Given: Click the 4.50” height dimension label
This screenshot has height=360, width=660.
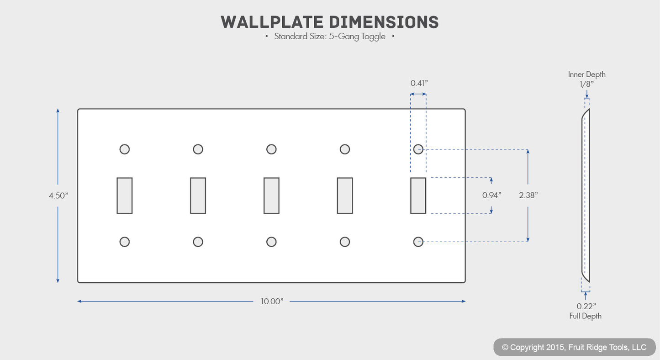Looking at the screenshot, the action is point(58,196).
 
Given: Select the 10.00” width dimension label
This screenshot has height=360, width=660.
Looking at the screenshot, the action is point(272,302).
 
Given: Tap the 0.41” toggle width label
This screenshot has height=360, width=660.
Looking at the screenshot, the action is point(419,83).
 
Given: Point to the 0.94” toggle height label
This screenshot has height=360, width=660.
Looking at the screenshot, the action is point(491,195).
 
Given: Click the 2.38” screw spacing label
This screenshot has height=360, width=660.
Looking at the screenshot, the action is point(528,195).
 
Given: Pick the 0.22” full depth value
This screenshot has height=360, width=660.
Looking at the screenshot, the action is point(586,307).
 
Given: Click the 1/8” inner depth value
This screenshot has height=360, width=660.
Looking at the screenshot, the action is point(586,84).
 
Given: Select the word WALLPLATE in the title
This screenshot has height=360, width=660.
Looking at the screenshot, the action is point(272,22).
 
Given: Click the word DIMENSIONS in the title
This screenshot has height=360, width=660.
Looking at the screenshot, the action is point(384,22).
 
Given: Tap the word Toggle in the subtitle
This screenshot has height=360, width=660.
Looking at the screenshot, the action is point(373,37).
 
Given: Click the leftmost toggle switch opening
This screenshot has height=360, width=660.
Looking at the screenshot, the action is point(125,196).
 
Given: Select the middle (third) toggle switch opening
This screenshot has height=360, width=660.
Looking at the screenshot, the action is point(271,196).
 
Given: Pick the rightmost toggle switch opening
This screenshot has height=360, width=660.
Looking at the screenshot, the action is point(418,196).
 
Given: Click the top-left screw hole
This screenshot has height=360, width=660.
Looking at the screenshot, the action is point(125,149).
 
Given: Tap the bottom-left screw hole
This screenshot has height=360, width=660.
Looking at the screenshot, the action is point(125,242).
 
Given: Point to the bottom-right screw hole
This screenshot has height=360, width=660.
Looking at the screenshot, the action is point(418,242).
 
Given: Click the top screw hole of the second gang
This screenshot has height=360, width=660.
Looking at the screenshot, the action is point(198,149).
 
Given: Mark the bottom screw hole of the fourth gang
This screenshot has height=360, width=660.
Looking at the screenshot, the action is point(345,242).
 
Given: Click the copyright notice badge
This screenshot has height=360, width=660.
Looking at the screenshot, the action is point(574,347).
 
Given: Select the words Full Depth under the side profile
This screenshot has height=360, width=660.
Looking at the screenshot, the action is point(586,316).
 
